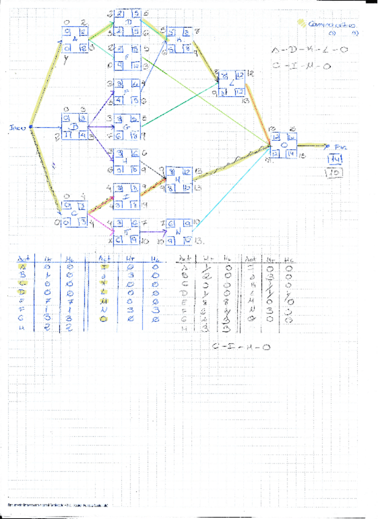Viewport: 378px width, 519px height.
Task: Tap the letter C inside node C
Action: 75,214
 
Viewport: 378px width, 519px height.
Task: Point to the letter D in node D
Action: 129,23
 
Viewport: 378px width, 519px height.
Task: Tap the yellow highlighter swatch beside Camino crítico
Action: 301,23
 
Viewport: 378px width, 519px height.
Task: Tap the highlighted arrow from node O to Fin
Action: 312,145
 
